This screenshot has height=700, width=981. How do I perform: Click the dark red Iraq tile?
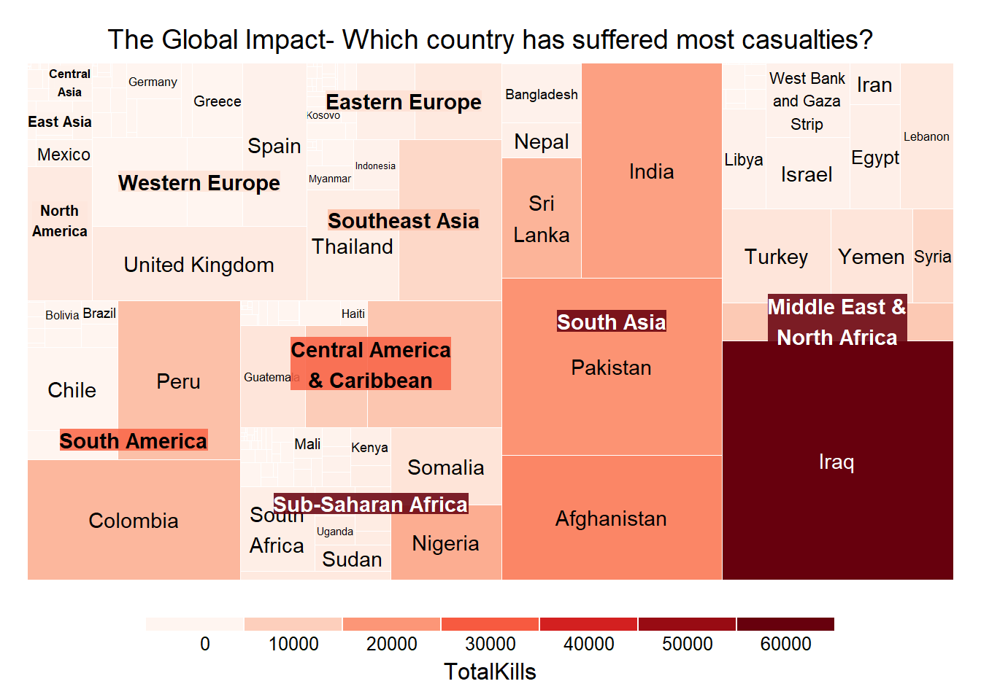(x=836, y=462)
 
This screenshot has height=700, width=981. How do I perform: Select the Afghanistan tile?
(x=611, y=518)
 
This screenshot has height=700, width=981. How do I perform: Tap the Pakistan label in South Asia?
(x=611, y=367)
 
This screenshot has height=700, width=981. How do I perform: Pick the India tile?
(x=651, y=172)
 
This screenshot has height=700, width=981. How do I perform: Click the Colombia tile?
(x=134, y=521)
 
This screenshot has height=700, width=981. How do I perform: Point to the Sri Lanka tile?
(x=541, y=219)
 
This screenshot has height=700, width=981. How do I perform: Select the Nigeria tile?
(x=445, y=544)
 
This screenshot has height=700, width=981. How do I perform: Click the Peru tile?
(x=178, y=381)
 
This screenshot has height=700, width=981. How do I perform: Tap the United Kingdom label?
(x=199, y=265)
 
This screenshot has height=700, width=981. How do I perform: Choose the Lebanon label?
(x=926, y=137)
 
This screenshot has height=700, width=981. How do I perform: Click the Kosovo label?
(x=323, y=115)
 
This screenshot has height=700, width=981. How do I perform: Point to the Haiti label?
(x=353, y=314)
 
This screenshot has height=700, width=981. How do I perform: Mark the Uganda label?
(x=335, y=532)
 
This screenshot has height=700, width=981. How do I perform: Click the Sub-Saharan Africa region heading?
(x=371, y=504)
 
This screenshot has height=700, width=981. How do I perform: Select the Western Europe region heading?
(x=199, y=182)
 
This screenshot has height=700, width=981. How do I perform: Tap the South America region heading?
(x=134, y=440)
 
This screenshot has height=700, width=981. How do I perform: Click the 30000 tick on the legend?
(x=490, y=644)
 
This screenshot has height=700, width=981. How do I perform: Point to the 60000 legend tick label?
(x=785, y=644)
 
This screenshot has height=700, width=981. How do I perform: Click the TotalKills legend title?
(x=490, y=672)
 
